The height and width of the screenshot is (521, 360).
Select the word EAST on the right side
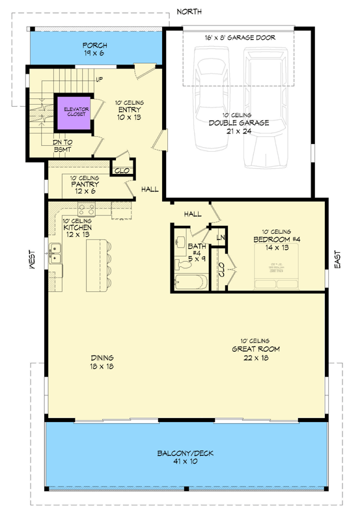(x=337, y=259)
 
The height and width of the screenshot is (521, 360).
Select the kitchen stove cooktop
(x=87, y=210)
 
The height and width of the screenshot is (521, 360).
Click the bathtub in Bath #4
(x=191, y=282)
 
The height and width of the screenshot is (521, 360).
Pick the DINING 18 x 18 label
(x=102, y=361)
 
